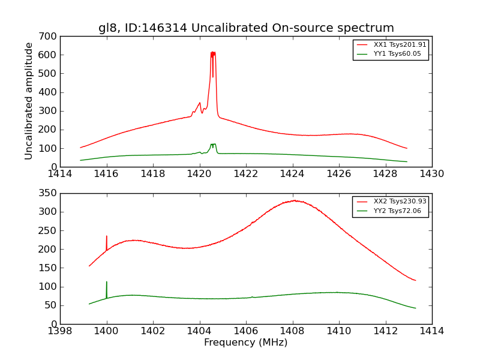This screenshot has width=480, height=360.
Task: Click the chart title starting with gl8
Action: click(246, 28)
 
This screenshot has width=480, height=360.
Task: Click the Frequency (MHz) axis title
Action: click(246, 343)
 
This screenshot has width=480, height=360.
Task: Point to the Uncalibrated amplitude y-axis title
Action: click(29, 101)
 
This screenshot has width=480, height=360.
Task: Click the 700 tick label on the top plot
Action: click(50, 37)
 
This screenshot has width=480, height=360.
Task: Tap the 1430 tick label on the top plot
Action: click(432, 174)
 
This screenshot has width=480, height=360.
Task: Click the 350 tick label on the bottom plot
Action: click(50, 193)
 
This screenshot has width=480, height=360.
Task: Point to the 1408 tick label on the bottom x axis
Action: click(292, 331)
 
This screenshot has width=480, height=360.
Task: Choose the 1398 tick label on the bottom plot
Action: click(60, 331)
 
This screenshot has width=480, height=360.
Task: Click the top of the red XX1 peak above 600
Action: click(213, 53)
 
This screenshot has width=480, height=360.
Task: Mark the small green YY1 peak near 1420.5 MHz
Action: click(213, 145)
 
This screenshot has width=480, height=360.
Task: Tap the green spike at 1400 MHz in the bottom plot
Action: click(107, 283)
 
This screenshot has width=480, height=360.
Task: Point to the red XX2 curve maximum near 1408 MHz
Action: click(294, 200)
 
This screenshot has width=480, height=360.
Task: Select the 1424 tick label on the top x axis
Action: click(292, 174)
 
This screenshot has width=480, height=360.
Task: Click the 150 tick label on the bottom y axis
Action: click(50, 268)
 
